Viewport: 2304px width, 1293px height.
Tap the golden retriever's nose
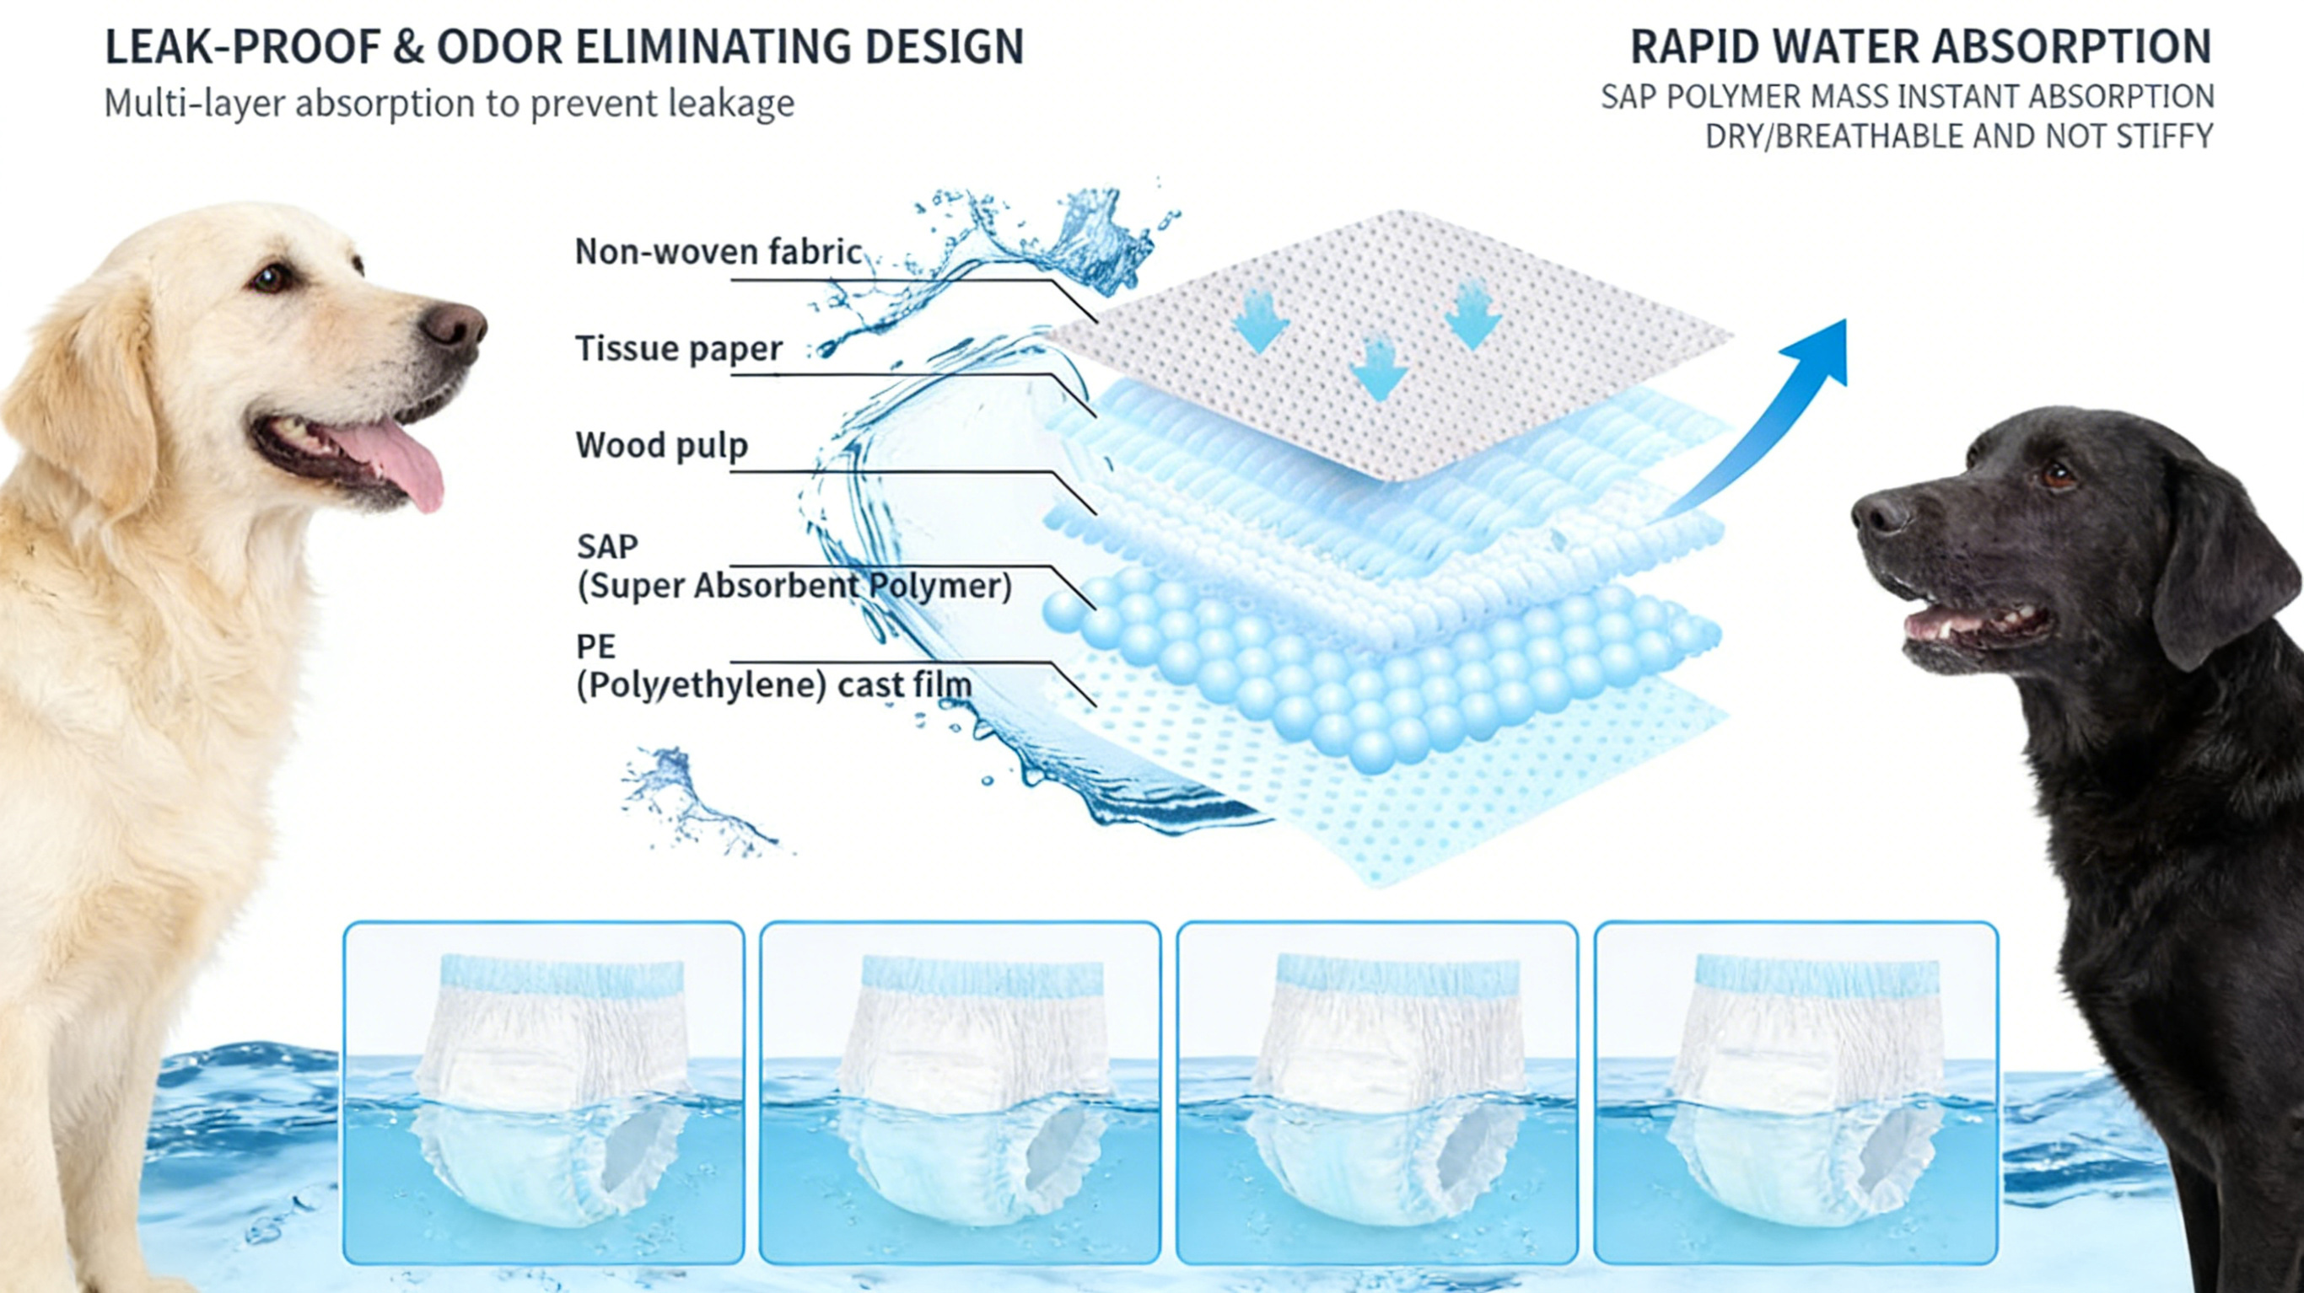tap(454, 324)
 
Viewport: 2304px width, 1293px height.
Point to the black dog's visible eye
tap(2058, 474)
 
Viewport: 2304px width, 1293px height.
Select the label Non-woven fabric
tap(719, 251)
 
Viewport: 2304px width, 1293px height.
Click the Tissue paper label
tap(679, 348)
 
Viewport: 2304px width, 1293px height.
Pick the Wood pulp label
tap(662, 444)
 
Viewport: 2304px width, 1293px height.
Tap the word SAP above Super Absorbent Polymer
tap(607, 545)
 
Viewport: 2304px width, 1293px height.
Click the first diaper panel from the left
tap(544, 1092)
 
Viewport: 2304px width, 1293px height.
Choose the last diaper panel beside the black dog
tap(1795, 1092)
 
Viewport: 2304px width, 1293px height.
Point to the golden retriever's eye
tap(266, 279)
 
